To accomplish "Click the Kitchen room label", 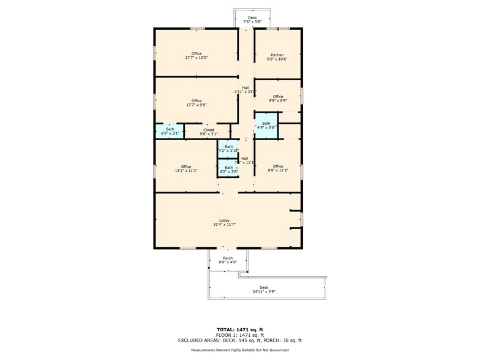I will [x=277, y=55].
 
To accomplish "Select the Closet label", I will [x=209, y=130].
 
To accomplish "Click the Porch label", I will [x=228, y=258].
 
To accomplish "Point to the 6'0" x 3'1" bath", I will [x=170, y=131].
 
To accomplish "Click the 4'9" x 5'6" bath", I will [x=266, y=125].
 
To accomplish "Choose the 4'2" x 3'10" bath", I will [x=228, y=148].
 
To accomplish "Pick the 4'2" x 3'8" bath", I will [x=228, y=169].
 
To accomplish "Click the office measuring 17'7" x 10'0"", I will [x=196, y=56].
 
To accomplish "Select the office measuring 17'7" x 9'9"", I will [x=196, y=102].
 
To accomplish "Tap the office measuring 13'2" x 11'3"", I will [x=186, y=168].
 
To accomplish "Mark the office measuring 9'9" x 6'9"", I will [x=278, y=98].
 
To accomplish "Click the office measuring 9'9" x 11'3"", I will [x=278, y=168].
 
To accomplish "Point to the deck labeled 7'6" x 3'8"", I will [x=252, y=20].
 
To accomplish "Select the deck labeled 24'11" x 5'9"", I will [x=264, y=289].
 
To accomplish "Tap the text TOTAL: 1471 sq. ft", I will [x=240, y=329].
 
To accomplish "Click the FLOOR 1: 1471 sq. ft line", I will [x=240, y=335].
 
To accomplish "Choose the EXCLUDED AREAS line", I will [x=240, y=340].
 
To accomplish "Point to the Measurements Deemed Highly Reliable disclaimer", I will [x=240, y=350].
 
